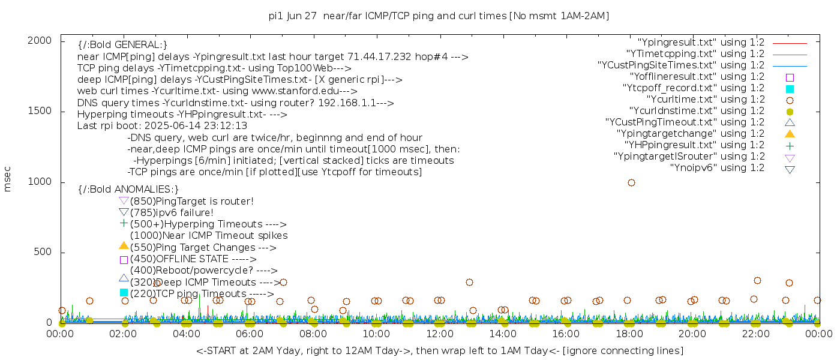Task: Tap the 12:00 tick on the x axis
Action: [440, 334]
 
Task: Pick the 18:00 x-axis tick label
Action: [629, 334]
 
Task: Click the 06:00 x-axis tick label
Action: [250, 334]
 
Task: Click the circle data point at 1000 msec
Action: [631, 182]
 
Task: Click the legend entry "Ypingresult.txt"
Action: [701, 43]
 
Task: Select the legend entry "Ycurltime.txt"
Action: [704, 100]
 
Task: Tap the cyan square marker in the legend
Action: [790, 89]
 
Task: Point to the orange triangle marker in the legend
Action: [790, 134]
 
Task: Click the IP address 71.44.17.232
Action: [376, 57]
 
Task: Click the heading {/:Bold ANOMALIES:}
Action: [128, 190]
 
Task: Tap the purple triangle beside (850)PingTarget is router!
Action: [124, 200]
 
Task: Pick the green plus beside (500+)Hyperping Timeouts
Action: [124, 223]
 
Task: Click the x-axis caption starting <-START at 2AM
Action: [439, 350]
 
